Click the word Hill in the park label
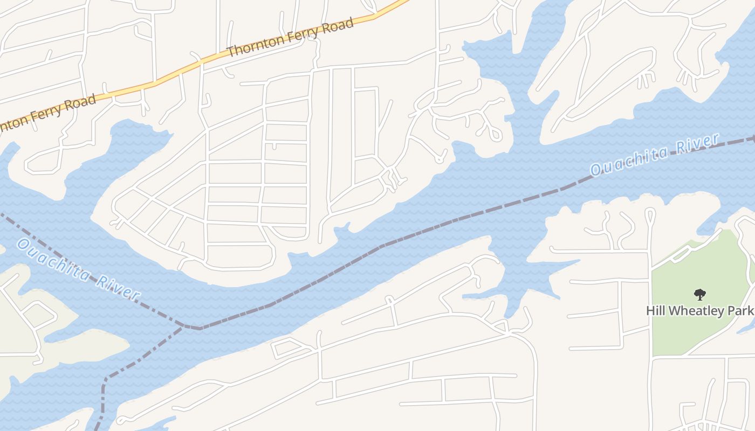(x=655, y=311)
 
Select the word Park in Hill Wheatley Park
(x=740, y=311)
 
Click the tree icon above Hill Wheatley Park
(x=699, y=295)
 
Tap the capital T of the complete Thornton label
(x=231, y=52)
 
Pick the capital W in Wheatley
(x=672, y=311)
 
